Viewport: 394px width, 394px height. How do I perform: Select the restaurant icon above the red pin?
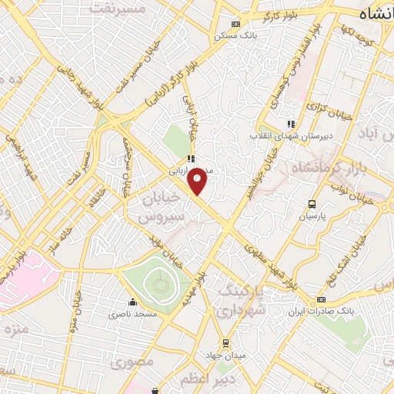(190, 159)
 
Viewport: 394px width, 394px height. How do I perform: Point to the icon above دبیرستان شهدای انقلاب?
(290, 123)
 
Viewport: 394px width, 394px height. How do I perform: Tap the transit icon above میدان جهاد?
(225, 342)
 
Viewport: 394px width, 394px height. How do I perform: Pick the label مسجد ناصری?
(132, 314)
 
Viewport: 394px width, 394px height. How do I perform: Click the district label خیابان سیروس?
(162, 208)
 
